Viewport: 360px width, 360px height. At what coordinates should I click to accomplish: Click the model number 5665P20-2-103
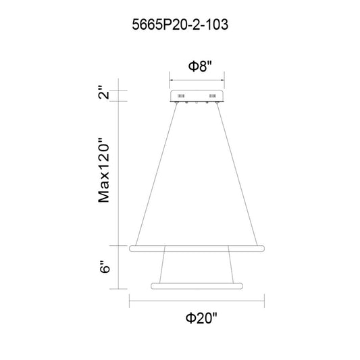[180, 24]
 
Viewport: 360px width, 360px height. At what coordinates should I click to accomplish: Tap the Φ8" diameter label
[199, 66]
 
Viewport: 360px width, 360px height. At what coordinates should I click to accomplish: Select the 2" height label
[103, 92]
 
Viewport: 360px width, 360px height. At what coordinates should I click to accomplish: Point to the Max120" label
[103, 170]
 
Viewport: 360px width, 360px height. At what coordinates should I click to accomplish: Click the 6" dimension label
[105, 266]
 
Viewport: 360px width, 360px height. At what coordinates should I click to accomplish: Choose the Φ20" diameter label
[201, 318]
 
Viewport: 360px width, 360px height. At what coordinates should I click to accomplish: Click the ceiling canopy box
[197, 96]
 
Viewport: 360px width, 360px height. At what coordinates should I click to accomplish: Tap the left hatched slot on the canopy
[181, 96]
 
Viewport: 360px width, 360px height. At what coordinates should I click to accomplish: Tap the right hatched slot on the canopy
[212, 96]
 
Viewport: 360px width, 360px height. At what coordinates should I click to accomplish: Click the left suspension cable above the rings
[156, 174]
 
